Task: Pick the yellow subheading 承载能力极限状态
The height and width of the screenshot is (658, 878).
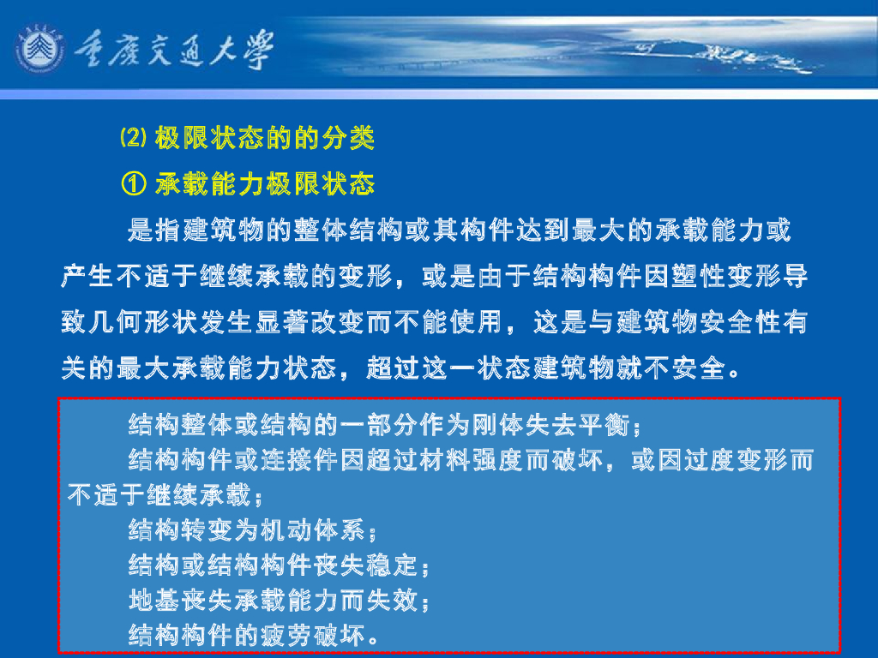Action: (x=265, y=183)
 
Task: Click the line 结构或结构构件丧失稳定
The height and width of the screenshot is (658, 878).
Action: (x=274, y=566)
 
